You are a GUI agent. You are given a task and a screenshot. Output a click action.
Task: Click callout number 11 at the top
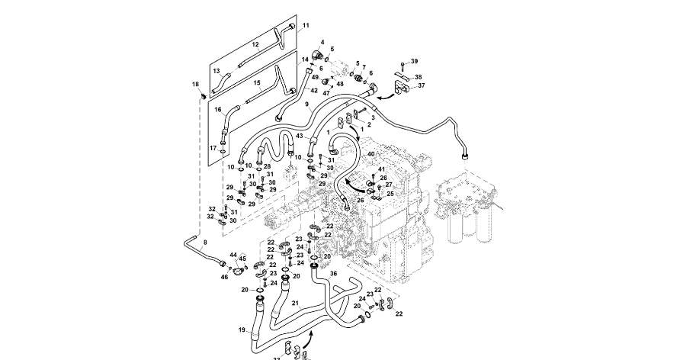click(x=306, y=26)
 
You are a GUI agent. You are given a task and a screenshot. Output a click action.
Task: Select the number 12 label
click(x=256, y=45)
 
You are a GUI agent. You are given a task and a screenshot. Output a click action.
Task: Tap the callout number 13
click(x=217, y=71)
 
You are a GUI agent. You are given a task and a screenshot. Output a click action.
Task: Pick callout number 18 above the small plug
click(x=195, y=84)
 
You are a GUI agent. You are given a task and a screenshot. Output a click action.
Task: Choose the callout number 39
click(x=415, y=61)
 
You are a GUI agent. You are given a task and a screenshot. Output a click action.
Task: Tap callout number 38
click(x=418, y=77)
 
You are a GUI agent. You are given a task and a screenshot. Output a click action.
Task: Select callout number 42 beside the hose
click(x=313, y=91)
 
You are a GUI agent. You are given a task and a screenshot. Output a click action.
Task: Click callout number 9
click(x=306, y=104)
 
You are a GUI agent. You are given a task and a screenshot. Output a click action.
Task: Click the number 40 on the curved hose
click(x=371, y=154)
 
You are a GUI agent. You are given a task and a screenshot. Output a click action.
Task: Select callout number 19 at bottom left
click(x=242, y=330)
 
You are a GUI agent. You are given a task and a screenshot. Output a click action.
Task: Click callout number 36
click(x=332, y=273)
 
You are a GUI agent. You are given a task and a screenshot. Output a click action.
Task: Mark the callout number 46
click(x=225, y=277)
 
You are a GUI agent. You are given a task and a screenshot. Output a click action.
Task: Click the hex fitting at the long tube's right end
click(x=463, y=154)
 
